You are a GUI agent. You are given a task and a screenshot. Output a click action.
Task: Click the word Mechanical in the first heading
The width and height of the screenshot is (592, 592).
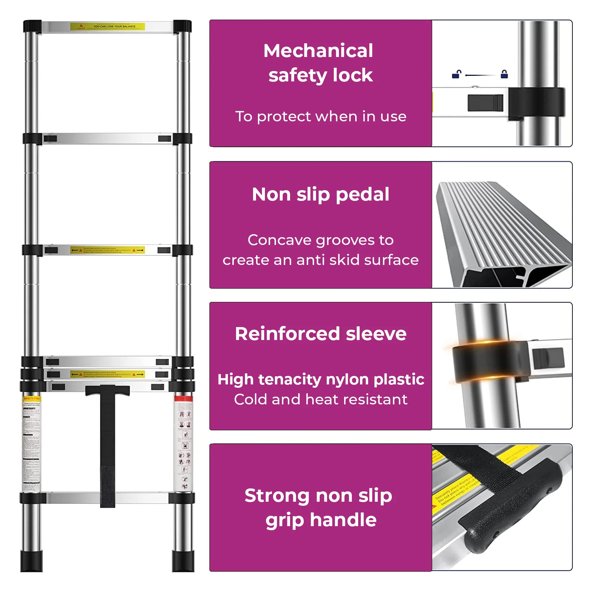[318, 51]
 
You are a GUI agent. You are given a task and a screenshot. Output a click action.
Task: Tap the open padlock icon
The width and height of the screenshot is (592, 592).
[457, 74]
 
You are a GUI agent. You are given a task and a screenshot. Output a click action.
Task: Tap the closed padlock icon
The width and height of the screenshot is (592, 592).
[504, 74]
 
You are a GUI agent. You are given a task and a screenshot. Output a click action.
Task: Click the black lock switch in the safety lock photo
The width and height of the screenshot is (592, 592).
[485, 102]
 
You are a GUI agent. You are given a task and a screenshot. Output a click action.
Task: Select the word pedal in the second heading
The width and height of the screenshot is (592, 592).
[362, 194]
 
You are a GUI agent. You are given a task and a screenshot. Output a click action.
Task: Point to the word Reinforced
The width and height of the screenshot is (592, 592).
[287, 334]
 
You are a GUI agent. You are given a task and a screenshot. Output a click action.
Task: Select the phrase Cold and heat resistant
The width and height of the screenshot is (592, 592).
[320, 400]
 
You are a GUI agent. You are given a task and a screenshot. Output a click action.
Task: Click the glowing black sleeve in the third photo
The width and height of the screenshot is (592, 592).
[488, 361]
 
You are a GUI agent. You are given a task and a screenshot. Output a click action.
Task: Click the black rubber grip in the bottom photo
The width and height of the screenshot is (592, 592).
[511, 507]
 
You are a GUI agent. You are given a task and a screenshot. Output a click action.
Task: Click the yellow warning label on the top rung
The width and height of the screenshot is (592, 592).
[107, 27]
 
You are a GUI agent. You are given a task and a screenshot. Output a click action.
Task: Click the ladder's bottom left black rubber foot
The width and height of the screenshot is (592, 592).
[31, 561]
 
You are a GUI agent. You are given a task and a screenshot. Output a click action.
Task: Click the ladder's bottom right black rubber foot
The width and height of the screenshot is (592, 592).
[183, 561]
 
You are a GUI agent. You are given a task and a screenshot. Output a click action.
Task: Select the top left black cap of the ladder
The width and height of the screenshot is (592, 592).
[32, 26]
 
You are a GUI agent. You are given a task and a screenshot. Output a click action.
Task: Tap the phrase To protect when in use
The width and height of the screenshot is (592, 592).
[320, 117]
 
